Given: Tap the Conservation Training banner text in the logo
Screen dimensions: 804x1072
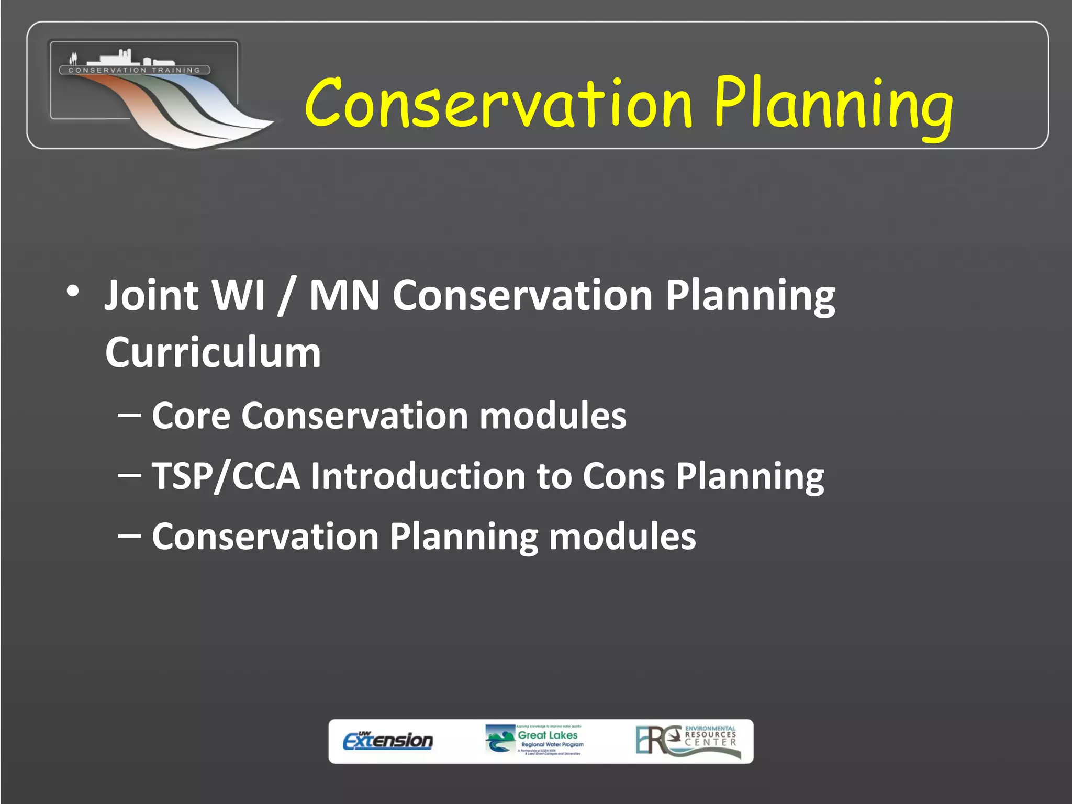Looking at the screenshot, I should (x=135, y=70).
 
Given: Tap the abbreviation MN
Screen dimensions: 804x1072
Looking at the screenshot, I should (x=344, y=295).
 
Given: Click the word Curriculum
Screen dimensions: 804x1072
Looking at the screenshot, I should (x=213, y=353).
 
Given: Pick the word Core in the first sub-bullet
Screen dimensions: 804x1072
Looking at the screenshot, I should (x=191, y=416).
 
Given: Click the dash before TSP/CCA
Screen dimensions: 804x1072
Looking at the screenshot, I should (x=129, y=475).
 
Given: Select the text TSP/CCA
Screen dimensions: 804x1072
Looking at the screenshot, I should (x=226, y=477).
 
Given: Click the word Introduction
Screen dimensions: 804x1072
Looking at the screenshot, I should (x=418, y=477).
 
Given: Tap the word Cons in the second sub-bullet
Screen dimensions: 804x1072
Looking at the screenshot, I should (x=623, y=477).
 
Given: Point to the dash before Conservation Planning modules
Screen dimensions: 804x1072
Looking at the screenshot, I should (x=129, y=535).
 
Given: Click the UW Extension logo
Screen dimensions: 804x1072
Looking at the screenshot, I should (x=388, y=741).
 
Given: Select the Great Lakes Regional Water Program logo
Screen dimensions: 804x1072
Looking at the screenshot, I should (x=534, y=740).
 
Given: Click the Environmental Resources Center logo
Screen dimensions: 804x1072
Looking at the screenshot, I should (x=688, y=741).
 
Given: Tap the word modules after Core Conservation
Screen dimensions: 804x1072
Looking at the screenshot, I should (x=553, y=416).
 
